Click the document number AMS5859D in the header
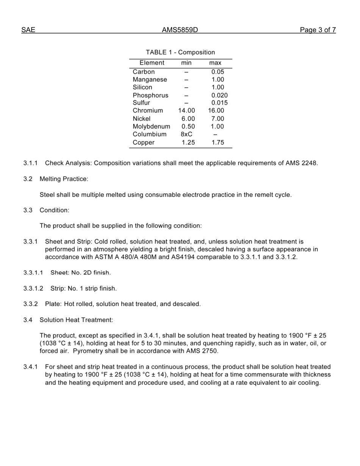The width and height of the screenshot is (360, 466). [180, 30]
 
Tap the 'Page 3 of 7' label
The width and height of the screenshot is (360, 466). [318, 30]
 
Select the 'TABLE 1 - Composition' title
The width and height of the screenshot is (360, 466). [180, 52]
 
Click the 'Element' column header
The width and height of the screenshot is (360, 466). [152, 63]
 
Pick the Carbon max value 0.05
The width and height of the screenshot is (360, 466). [218, 72]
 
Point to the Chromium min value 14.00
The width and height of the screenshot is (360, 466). [186, 111]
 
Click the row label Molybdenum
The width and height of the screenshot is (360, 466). [151, 127]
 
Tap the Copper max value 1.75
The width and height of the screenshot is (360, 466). [218, 142]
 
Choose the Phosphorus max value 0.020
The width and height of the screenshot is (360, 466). [219, 95]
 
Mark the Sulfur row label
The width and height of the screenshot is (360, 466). [141, 103]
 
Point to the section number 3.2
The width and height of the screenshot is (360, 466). [28, 179]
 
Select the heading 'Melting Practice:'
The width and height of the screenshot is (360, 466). [64, 179]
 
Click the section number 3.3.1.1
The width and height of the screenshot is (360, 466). [33, 273]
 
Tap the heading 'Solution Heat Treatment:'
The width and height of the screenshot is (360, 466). [76, 320]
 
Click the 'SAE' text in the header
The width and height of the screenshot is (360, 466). [28, 30]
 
